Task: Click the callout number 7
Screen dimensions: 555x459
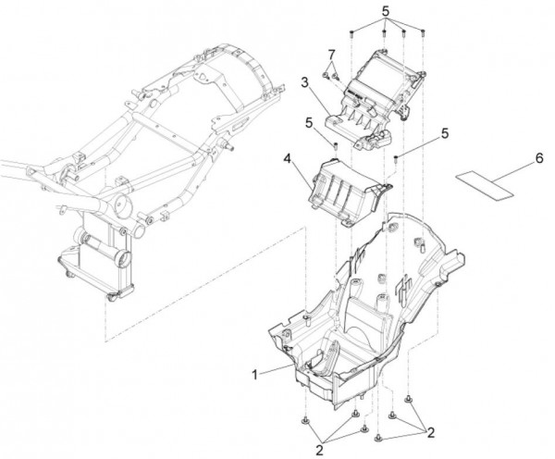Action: pos(331,55)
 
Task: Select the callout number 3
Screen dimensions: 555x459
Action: pos(305,82)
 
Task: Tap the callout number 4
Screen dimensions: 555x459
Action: pos(287,158)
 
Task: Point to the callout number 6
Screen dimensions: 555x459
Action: pos(538,158)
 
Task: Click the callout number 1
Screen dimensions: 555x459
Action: pos(255,375)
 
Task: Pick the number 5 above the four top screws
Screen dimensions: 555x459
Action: pos(386,11)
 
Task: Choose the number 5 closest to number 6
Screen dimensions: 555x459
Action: pos(445,133)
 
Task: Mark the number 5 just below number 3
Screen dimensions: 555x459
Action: pos(309,123)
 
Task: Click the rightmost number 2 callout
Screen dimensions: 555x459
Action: pos(431,432)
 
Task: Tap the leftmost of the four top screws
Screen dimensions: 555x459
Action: pos(351,34)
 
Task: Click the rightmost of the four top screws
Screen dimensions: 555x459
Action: pos(423,33)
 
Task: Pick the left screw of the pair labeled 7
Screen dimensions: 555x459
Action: pos(325,75)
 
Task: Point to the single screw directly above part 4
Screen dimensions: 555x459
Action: pos(335,145)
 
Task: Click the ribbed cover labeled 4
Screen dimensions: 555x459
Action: pos(348,192)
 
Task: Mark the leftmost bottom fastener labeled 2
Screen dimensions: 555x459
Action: pos(305,421)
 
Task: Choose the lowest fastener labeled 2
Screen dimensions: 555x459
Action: pos(378,438)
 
